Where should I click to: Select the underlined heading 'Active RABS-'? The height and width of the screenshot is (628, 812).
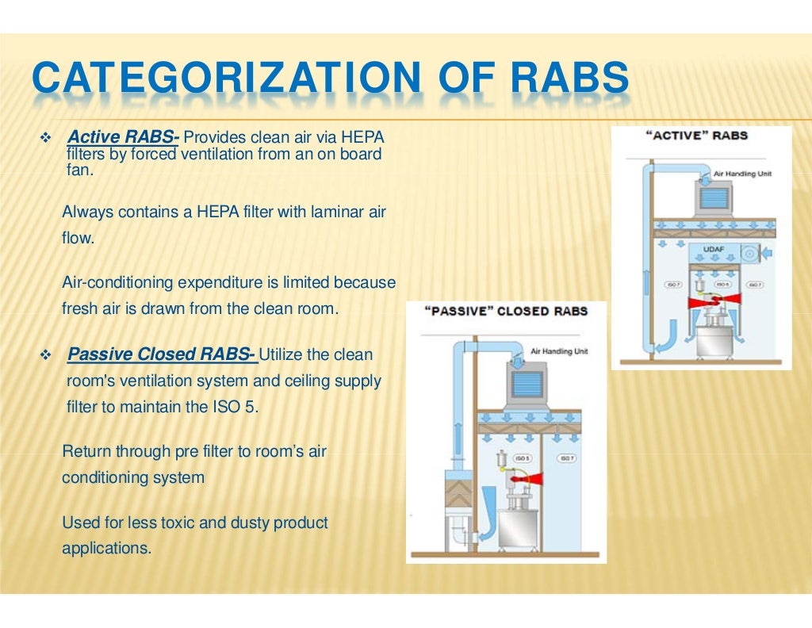(124, 139)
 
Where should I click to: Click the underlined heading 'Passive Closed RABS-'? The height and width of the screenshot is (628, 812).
(162, 354)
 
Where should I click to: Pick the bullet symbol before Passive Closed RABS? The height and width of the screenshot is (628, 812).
(44, 354)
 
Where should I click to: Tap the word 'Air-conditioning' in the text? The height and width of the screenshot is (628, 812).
(117, 283)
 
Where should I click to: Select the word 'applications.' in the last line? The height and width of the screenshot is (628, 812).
(106, 547)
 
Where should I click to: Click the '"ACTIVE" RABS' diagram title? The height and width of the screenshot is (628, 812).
(698, 136)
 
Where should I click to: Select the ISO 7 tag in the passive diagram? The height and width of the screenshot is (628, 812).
(567, 458)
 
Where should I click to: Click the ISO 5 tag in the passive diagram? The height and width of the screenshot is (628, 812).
(523, 458)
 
